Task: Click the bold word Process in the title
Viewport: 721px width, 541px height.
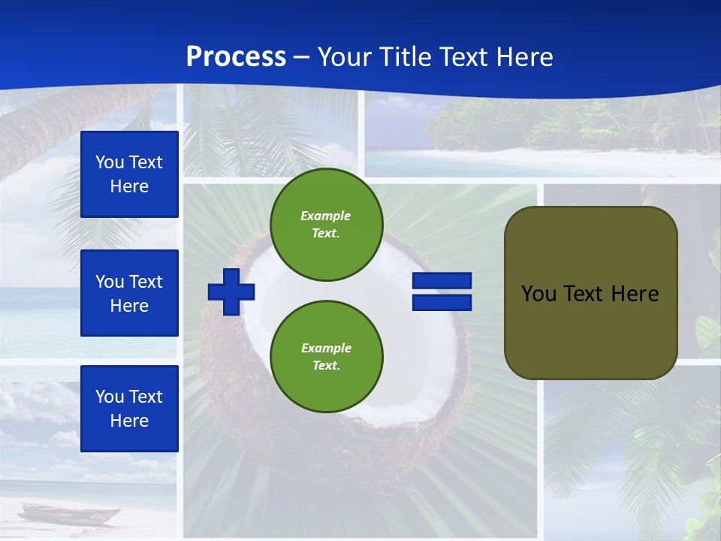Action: pos(236,57)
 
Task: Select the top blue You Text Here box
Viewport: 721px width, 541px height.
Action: pos(129,174)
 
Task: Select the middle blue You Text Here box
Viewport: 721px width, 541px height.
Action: pos(129,293)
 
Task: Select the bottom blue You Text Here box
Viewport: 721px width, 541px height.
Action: pos(129,409)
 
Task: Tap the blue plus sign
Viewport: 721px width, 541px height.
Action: pos(231,292)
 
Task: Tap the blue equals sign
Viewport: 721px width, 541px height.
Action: pos(442,292)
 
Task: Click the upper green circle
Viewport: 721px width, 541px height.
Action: pos(326,225)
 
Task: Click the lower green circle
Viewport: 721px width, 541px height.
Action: pos(326,357)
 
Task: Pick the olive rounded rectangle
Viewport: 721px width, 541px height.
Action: pos(590,293)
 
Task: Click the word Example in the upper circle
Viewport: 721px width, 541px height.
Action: pos(326,216)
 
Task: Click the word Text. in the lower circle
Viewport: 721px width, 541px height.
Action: pos(326,366)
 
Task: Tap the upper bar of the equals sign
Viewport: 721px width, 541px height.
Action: pos(442,281)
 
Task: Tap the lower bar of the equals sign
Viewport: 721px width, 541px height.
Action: pos(442,303)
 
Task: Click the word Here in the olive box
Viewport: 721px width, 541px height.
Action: pos(635,294)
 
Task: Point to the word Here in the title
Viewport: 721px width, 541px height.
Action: pos(521,57)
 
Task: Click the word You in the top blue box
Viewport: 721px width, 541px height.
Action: pos(110,162)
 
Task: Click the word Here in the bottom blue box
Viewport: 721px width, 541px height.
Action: pos(129,421)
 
